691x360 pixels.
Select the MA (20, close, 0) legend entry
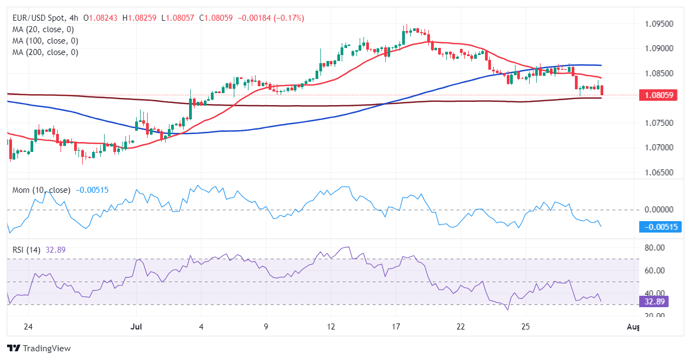(43, 29)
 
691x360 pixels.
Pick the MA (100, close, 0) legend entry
(45, 41)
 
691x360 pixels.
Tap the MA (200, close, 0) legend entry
(45, 52)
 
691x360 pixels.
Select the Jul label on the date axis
(136, 327)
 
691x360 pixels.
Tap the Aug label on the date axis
(633, 327)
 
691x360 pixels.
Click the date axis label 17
(396, 327)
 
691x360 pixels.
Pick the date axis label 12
(331, 327)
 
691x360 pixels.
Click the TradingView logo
(39, 348)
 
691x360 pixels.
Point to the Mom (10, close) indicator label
(41, 190)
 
